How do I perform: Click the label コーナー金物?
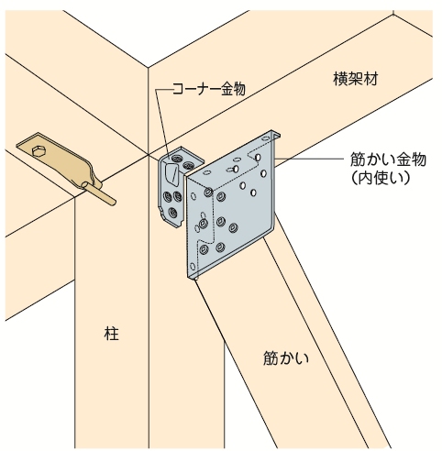click(209, 89)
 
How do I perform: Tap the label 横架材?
click(356, 79)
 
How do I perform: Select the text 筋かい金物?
click(388, 159)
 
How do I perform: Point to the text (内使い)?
click(381, 179)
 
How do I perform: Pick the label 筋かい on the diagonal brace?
click(286, 357)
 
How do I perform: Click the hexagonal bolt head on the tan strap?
click(39, 151)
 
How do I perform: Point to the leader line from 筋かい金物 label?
click(309, 159)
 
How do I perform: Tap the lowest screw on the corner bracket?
click(172, 212)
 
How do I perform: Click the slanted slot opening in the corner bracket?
click(171, 175)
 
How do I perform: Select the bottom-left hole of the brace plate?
click(193, 266)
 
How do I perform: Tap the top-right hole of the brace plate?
click(259, 157)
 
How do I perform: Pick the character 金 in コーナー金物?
click(227, 89)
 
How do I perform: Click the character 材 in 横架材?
click(370, 79)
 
